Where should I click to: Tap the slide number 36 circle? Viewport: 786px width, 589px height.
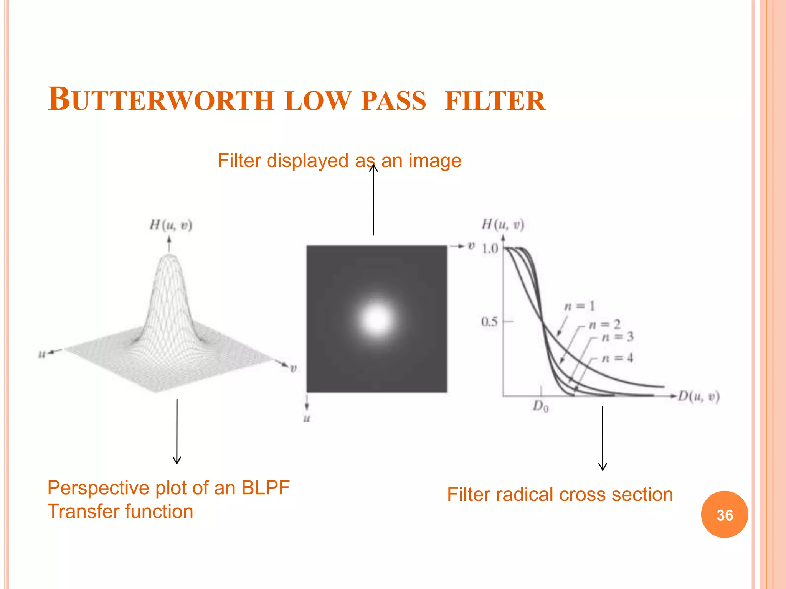click(x=724, y=515)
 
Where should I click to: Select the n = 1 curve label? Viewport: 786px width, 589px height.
click(x=580, y=306)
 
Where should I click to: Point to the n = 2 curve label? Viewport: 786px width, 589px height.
click(x=604, y=325)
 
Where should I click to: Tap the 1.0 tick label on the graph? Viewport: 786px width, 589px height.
click(x=490, y=249)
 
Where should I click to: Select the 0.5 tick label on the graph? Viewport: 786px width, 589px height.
click(x=489, y=321)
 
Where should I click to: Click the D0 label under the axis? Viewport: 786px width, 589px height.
click(x=541, y=406)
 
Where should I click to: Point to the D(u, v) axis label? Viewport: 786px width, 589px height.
click(x=698, y=396)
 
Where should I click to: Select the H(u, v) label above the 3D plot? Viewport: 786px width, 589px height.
click(x=171, y=225)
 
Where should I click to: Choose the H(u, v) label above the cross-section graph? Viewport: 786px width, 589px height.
click(x=503, y=224)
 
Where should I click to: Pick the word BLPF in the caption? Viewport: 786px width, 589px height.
click(x=265, y=488)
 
